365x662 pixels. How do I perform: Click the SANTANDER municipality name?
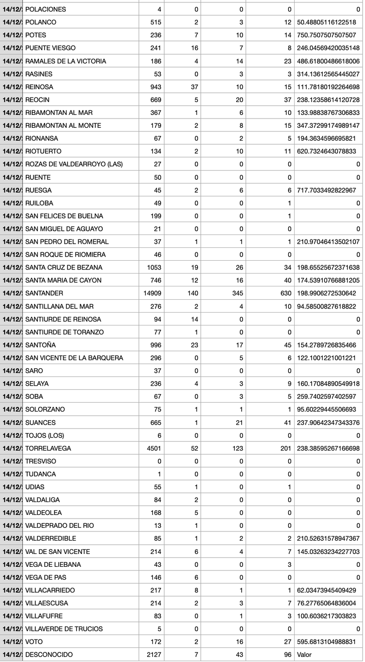[44, 293]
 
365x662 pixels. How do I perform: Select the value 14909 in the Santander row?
[152, 293]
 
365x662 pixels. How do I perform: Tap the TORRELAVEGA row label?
[48, 448]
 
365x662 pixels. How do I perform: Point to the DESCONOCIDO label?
[49, 655]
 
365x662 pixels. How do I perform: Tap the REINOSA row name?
[39, 87]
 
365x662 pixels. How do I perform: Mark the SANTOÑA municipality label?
[41, 345]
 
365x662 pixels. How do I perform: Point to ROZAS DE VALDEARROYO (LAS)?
[74, 164]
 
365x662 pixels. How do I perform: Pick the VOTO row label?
[34, 642]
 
